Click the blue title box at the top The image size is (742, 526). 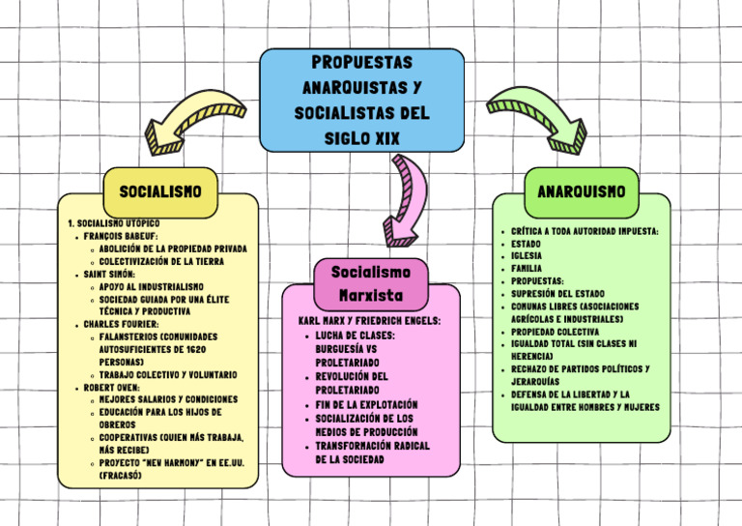pos(362,101)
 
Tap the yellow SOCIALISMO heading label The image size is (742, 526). pos(160,191)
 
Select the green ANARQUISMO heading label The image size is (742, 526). pos(581,191)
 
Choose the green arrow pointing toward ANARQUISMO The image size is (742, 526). pos(528,114)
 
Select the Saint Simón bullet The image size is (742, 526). pos(108,275)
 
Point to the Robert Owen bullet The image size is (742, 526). pos(113,388)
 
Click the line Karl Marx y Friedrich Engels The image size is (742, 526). pos(370,320)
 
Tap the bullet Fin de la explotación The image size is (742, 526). pos(366,404)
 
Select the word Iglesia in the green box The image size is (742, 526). pos(527,256)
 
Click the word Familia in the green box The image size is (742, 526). pos(527,269)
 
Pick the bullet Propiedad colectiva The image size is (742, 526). pos(555,332)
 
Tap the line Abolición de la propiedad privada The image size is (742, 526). pos(172,248)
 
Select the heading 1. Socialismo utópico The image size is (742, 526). pos(107,223)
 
